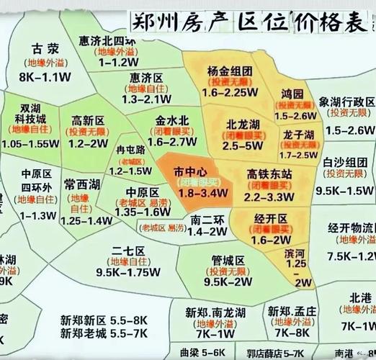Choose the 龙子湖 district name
tap(297, 135)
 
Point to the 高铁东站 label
tap(269, 174)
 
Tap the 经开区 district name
tap(271, 218)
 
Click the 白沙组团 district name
tap(344, 162)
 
